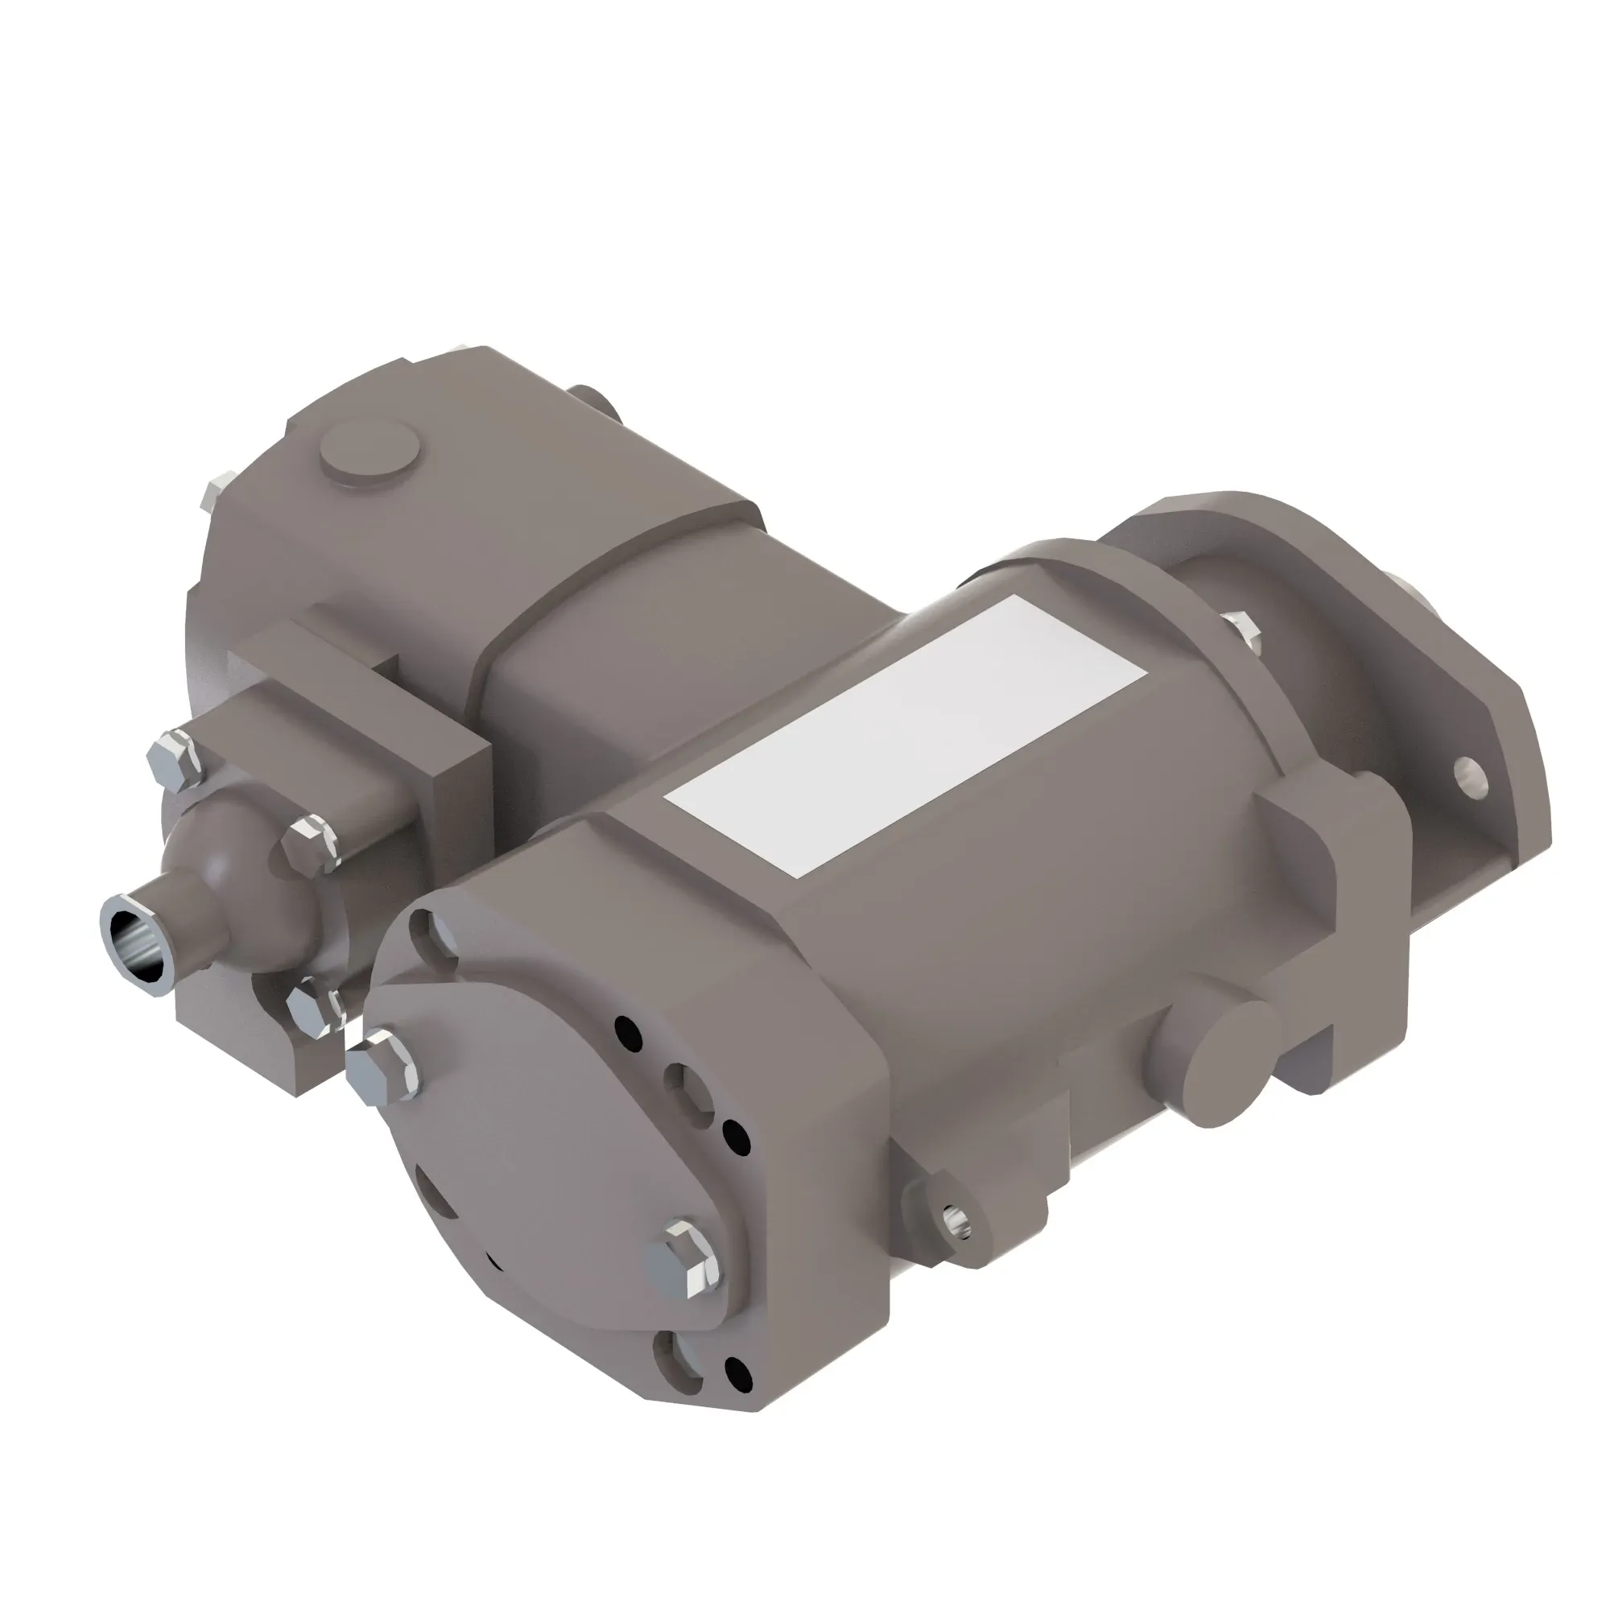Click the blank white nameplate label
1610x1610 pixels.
(904, 738)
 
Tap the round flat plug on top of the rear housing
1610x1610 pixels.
(372, 453)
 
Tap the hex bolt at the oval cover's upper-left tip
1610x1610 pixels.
(380, 1068)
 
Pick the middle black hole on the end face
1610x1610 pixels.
(734, 1134)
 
